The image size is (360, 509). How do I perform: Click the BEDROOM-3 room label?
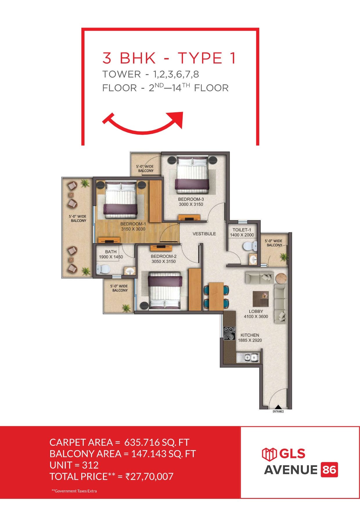click(191, 199)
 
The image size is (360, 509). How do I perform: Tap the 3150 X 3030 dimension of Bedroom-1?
click(133, 229)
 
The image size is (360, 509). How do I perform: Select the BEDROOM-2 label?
click(163, 256)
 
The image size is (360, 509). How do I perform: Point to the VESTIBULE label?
click(204, 234)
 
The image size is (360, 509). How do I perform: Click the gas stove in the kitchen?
click(229, 333)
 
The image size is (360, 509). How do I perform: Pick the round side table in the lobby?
click(281, 279)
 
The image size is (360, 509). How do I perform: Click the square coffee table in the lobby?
click(260, 299)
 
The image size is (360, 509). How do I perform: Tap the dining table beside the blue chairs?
click(216, 296)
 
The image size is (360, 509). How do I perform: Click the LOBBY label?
click(256, 311)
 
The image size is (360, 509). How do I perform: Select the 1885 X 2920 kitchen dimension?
click(250, 340)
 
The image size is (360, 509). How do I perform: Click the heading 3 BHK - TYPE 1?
click(169, 58)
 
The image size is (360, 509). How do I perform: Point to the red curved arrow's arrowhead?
click(177, 119)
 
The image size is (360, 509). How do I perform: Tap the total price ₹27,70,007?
click(149, 476)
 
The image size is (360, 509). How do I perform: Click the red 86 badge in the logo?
click(330, 470)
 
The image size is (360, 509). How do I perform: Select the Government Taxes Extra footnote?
click(74, 491)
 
